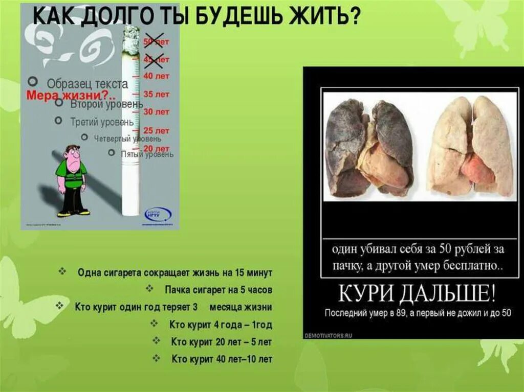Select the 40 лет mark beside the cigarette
coord(156,76)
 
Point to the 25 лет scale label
coord(156,130)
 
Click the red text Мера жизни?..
coord(71,96)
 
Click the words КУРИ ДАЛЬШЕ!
coord(417,295)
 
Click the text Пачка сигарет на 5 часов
coord(219,290)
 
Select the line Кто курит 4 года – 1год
coord(221,325)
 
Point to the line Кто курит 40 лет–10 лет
coord(222,359)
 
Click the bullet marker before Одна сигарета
coord(62,271)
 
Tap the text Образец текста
coord(87,84)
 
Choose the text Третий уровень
coord(102,122)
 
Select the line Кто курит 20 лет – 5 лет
coord(221,341)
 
